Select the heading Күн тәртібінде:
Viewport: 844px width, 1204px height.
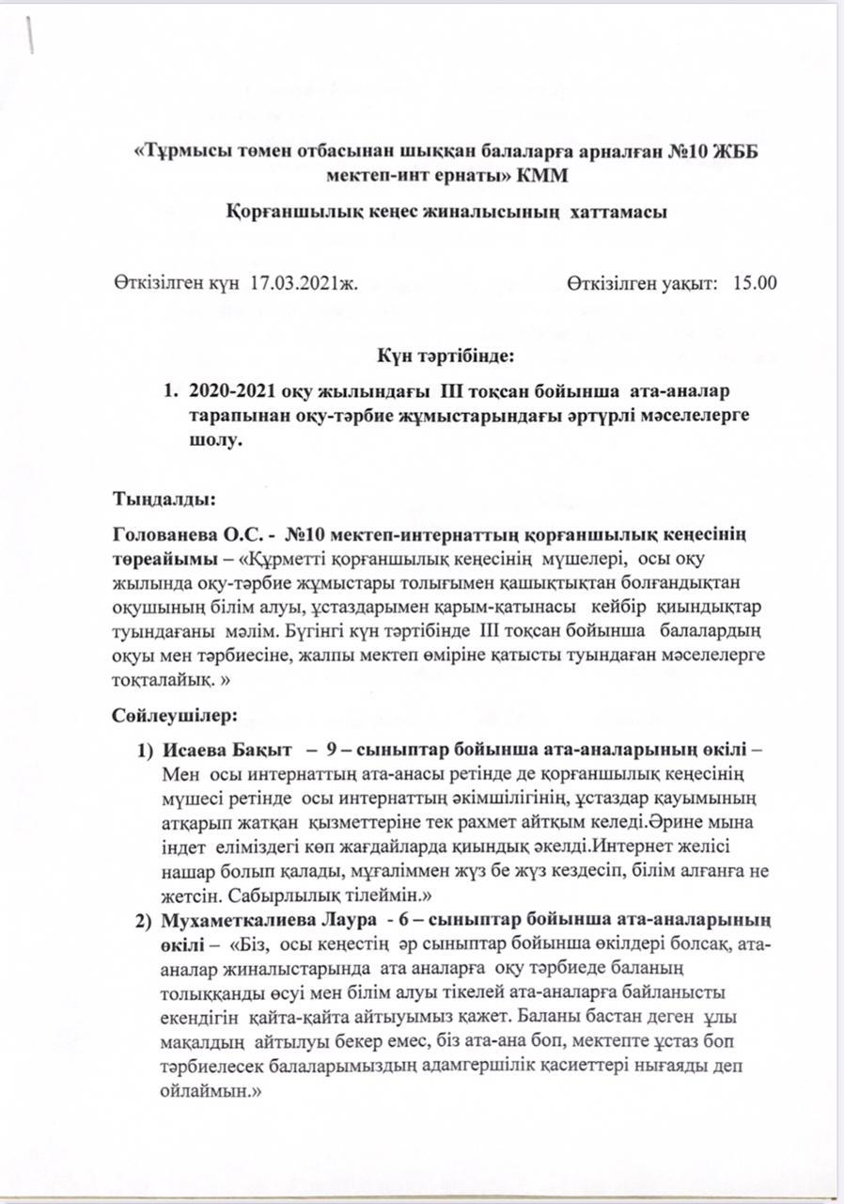pyautogui.click(x=445, y=358)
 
